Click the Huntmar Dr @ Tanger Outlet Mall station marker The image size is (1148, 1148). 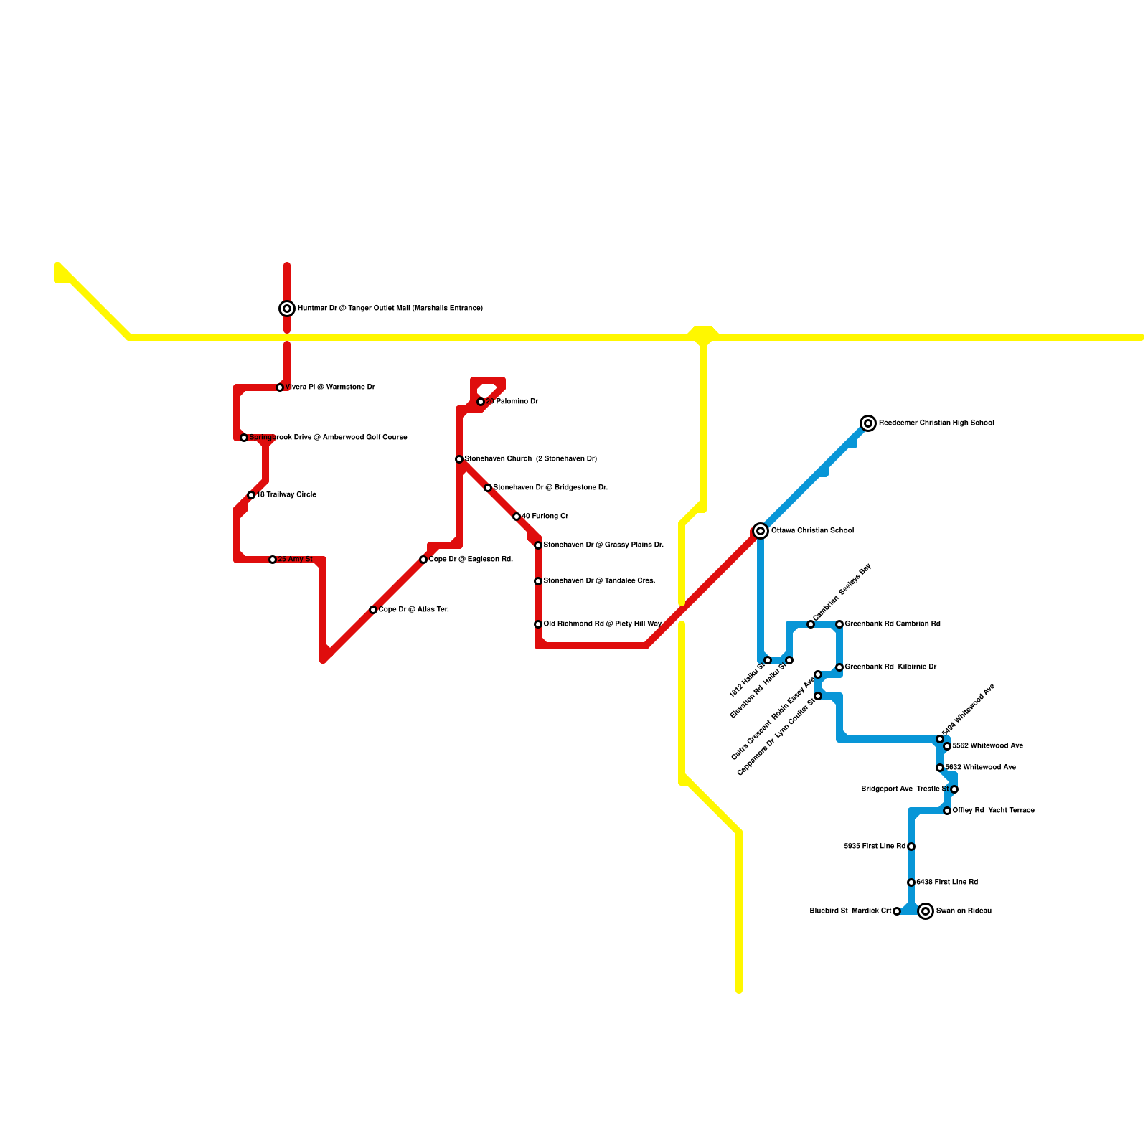tap(287, 309)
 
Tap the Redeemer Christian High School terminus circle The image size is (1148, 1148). tap(868, 423)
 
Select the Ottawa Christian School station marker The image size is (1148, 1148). tap(761, 531)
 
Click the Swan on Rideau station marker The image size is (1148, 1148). tap(926, 911)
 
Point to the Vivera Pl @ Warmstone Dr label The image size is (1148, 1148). tap(330, 387)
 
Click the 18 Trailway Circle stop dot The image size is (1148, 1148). tap(251, 495)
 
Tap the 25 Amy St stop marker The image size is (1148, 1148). tap(273, 560)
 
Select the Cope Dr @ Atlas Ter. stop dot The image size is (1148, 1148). tap(373, 610)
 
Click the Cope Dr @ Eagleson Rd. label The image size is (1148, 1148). tap(471, 560)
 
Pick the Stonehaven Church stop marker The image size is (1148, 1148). tap(459, 459)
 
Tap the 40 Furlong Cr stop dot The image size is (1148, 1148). tap(517, 517)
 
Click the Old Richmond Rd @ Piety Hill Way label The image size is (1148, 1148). tap(602, 624)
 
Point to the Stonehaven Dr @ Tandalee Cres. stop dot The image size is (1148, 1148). tap(538, 581)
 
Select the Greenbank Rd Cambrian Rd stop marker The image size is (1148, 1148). tap(839, 624)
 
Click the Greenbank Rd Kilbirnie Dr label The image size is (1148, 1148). tap(890, 667)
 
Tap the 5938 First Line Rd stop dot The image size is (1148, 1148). tap(911, 847)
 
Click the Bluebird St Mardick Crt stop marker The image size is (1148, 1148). tap(897, 911)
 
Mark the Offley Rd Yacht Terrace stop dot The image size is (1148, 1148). tap(947, 811)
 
